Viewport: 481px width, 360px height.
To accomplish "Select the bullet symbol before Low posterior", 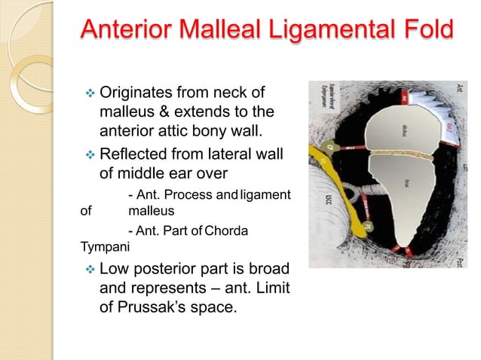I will point(87,270).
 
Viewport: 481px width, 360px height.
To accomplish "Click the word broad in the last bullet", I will point(265,270).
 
